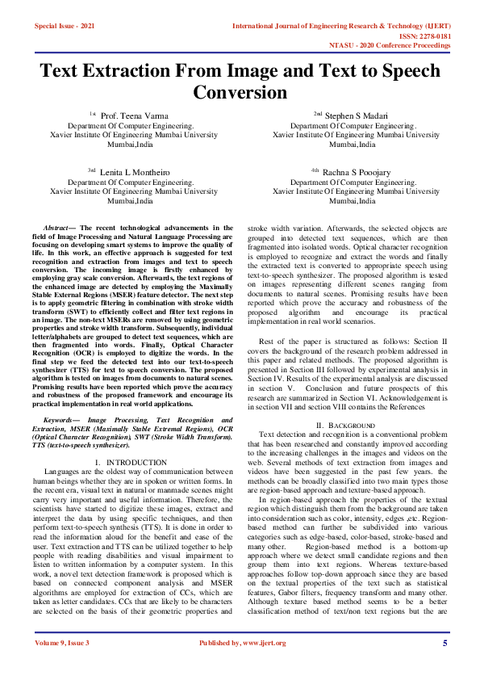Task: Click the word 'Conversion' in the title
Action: [240, 93]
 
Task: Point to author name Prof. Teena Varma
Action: [135, 116]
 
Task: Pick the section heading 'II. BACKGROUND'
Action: [345, 425]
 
